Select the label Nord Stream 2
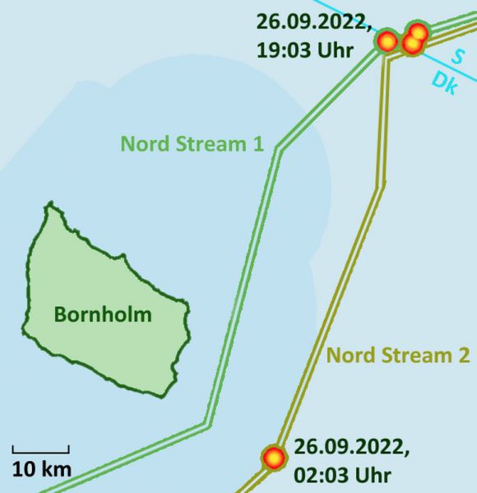398,356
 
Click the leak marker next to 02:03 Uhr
273,457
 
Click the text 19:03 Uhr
304,49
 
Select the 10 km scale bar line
40,451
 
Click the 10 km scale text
41,470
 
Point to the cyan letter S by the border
456,58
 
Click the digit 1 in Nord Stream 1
257,144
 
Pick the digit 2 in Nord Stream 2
464,356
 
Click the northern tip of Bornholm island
50,203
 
